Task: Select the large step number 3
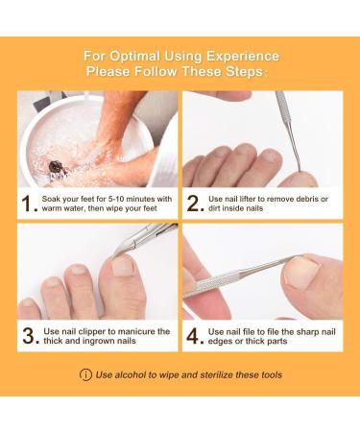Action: click(x=29, y=336)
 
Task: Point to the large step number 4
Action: click(x=194, y=336)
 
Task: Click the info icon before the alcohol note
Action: click(x=85, y=374)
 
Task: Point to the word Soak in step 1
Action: click(x=56, y=199)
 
